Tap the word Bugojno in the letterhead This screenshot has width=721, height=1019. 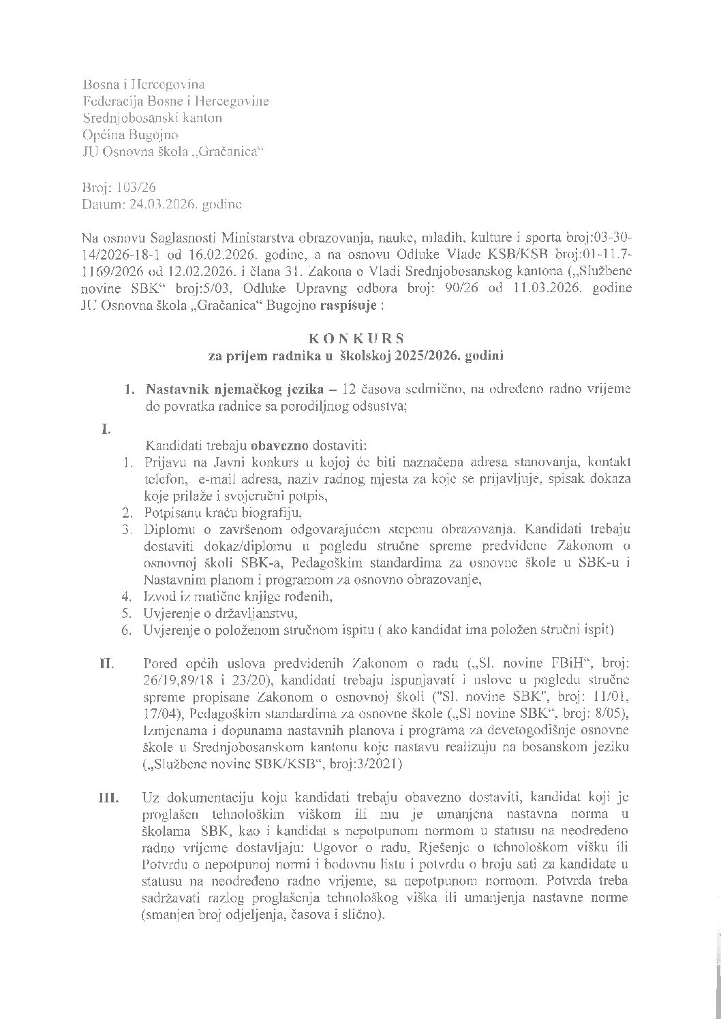151,135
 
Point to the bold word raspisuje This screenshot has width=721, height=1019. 347,306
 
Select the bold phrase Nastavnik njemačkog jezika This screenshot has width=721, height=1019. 231,389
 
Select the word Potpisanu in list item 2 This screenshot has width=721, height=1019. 170,512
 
